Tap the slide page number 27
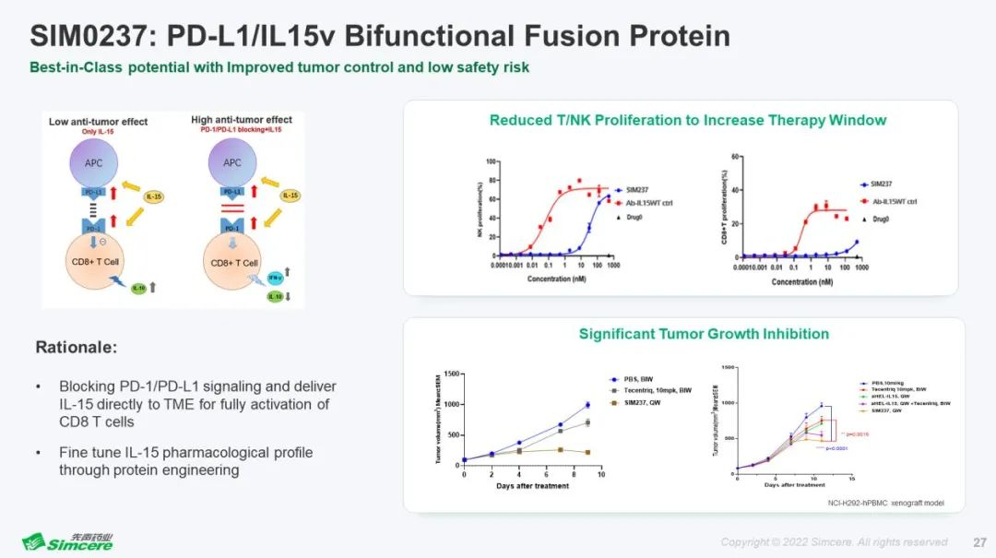pos(979,541)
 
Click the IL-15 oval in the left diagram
pos(154,196)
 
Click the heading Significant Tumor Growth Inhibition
pos(704,334)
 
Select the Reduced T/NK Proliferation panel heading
pos(687,120)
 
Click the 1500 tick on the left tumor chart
pos(451,373)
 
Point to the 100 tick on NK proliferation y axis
pos(492,161)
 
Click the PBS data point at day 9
pos(587,405)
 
